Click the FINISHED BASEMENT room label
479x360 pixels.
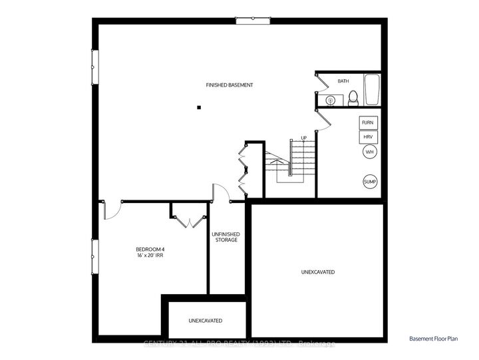pyautogui.click(x=229, y=85)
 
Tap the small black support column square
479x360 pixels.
pyautogui.click(x=198, y=107)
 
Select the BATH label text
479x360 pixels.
pyautogui.click(x=343, y=81)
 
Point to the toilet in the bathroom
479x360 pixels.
pyautogui.click(x=353, y=98)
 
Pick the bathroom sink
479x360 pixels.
pyautogui.click(x=329, y=100)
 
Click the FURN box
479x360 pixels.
pyautogui.click(x=369, y=123)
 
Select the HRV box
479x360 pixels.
pyautogui.click(x=369, y=137)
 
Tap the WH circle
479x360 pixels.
pyautogui.click(x=369, y=152)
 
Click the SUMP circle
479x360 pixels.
pyautogui.click(x=369, y=182)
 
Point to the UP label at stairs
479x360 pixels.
pyautogui.click(x=303, y=138)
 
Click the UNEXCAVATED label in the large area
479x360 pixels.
pyautogui.click(x=317, y=272)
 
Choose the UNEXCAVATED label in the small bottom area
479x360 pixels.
pyautogui.click(x=206, y=321)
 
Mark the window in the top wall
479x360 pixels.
pyautogui.click(x=253, y=21)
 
